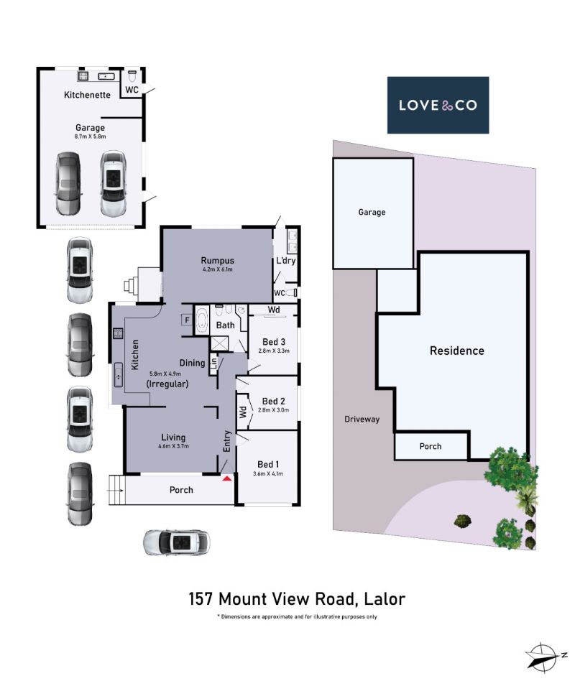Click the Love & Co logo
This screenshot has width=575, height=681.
coord(438,105)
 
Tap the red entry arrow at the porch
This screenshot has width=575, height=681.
coord(227,478)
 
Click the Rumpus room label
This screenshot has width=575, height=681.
coord(217,260)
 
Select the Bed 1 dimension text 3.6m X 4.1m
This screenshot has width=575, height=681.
coord(267,473)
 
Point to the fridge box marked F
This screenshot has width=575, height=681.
coord(187,320)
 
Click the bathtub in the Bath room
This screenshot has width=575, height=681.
coord(202,320)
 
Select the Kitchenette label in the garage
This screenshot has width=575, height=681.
coord(87,95)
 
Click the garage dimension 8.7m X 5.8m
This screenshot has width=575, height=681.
coord(90,136)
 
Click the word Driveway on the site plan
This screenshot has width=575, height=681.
coord(362,419)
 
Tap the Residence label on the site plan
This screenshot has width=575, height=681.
coord(457,351)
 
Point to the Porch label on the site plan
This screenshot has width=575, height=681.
coord(431,446)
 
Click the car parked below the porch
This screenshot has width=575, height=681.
coord(177,542)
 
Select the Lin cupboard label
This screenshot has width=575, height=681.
coord(213,363)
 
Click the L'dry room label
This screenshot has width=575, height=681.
coord(285,261)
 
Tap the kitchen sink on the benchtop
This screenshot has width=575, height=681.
coord(118,374)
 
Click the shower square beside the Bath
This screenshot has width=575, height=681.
coord(218,343)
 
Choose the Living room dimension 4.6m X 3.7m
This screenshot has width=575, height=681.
coord(173,446)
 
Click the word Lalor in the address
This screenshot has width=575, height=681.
coord(385,599)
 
